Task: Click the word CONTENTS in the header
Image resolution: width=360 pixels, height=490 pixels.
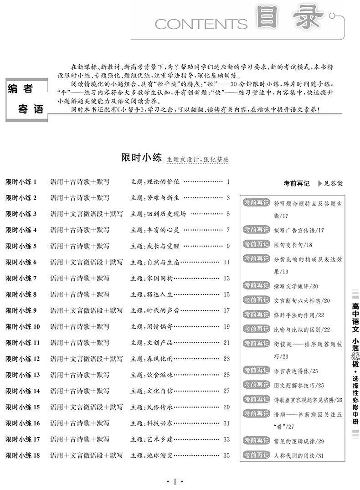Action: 201,23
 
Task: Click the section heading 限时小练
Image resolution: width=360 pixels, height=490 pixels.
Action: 142,158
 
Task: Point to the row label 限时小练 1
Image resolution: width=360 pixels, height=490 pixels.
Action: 21,182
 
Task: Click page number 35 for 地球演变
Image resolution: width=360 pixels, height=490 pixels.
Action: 226,455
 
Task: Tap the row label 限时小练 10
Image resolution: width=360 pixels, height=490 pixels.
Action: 22,326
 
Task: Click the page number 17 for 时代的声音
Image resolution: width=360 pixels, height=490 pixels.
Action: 226,310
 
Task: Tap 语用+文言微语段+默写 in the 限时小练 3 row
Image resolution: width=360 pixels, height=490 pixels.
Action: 86,214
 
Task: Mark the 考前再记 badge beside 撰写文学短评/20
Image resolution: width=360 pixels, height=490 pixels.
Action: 256,286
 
